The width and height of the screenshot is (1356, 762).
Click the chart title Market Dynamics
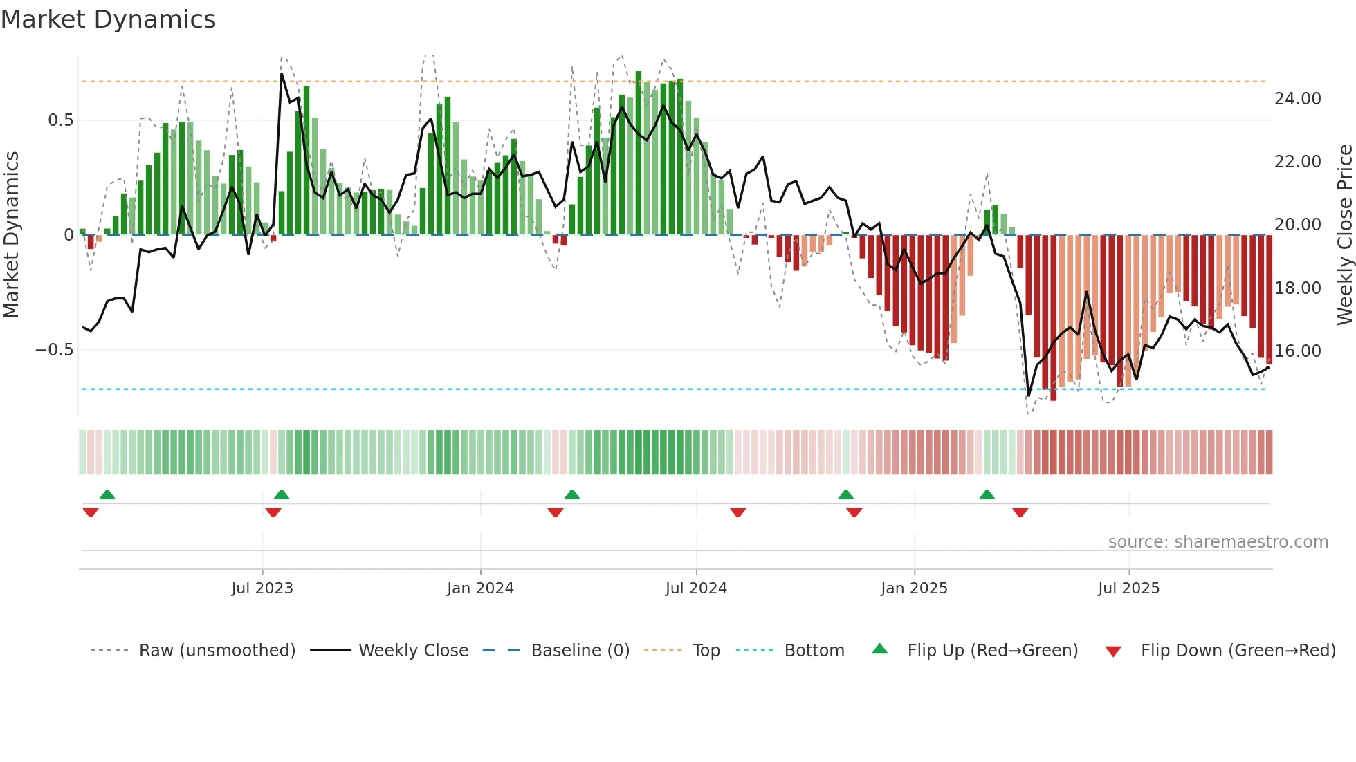(x=108, y=19)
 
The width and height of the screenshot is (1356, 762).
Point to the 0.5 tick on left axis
(x=60, y=120)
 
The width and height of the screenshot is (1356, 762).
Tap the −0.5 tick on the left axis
(x=54, y=350)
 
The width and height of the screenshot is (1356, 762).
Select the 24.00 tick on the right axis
(x=1297, y=99)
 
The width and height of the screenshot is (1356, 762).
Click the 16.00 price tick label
(x=1297, y=351)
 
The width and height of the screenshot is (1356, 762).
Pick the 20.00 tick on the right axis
(x=1297, y=225)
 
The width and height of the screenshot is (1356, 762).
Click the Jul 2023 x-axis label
(x=262, y=588)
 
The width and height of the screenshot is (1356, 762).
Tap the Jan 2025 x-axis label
(x=914, y=588)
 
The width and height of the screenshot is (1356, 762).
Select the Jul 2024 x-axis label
(x=696, y=588)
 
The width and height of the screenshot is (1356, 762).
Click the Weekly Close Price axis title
(x=1344, y=235)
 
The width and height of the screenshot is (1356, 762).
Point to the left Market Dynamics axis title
(x=11, y=235)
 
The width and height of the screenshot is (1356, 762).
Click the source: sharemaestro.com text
(x=1218, y=542)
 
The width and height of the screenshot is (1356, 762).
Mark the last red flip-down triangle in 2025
(x=1020, y=512)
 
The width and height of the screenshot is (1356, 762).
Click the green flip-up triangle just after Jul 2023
(x=282, y=494)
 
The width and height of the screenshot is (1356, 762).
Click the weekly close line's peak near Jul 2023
(x=282, y=74)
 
